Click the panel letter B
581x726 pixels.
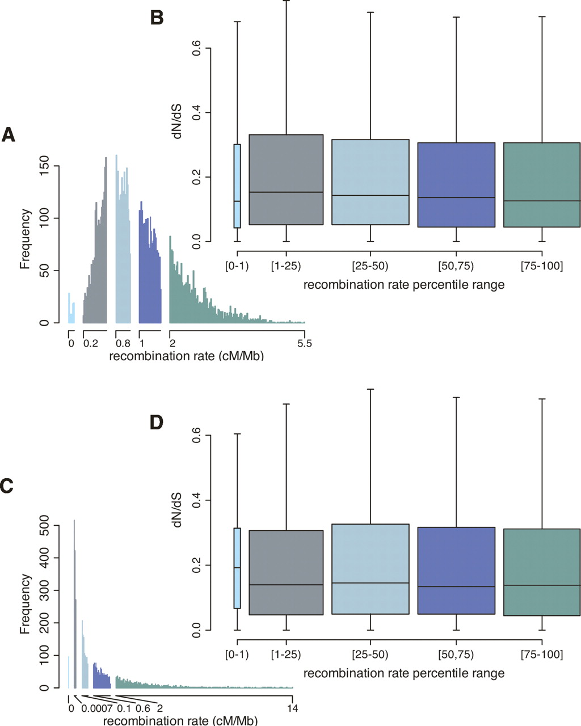click(157, 18)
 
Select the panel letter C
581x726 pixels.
click(6, 486)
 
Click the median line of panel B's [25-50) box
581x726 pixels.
click(371, 195)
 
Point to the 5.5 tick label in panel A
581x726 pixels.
click(305, 343)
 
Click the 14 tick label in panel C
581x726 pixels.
click(293, 708)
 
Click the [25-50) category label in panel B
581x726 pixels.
click(370, 266)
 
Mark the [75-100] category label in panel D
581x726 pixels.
click(542, 655)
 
